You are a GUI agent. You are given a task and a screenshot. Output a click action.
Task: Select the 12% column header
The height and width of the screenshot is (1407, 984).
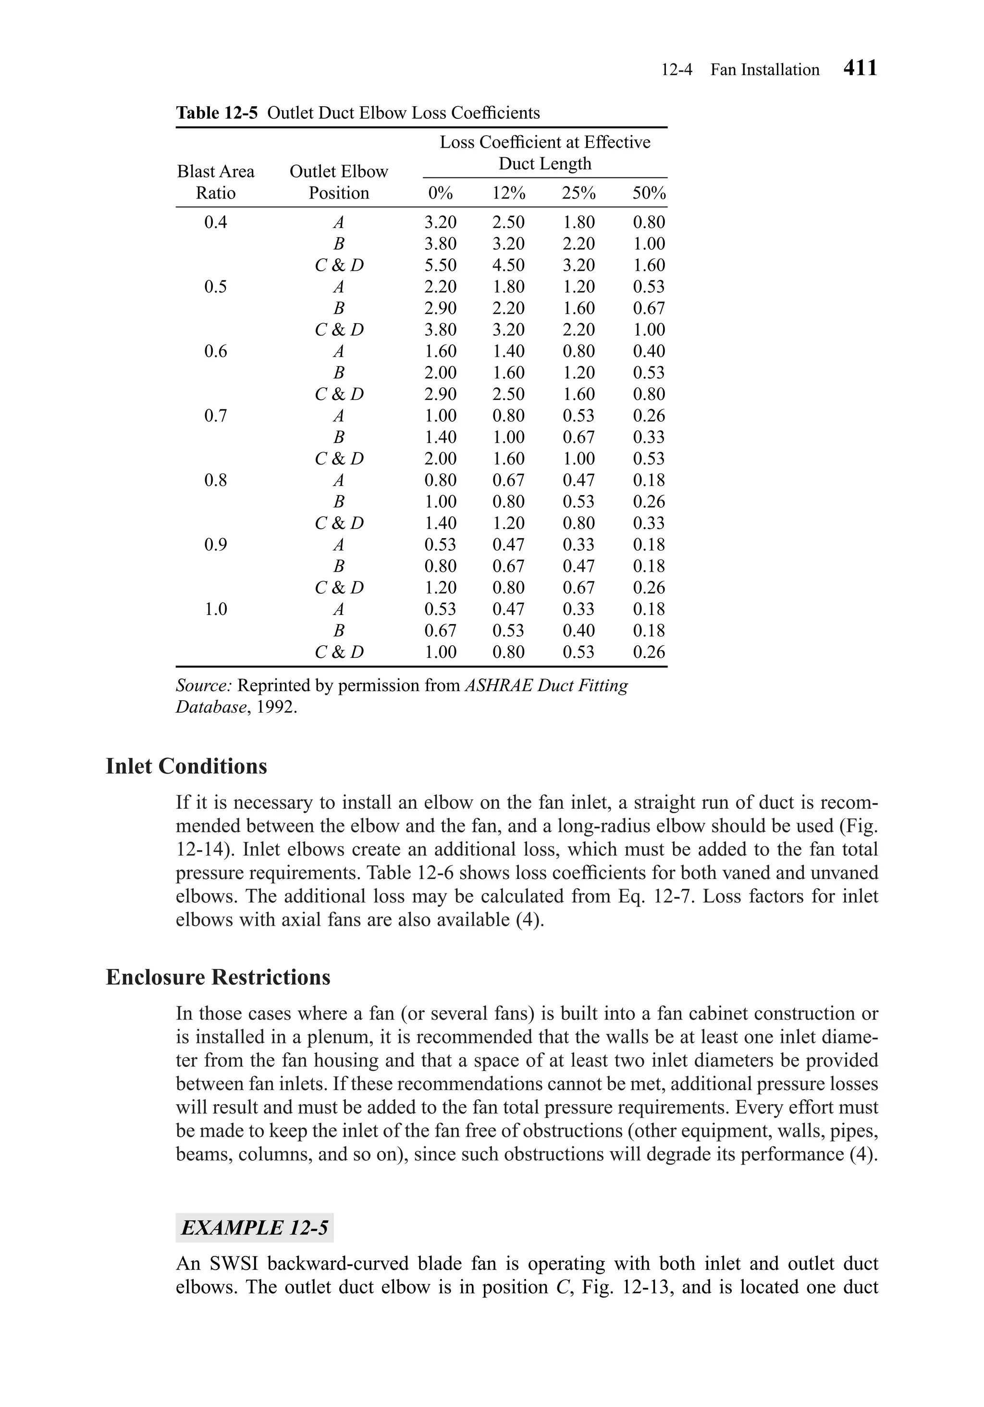pyautogui.click(x=509, y=194)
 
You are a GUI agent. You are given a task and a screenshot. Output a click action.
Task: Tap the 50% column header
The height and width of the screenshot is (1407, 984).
pyautogui.click(x=649, y=194)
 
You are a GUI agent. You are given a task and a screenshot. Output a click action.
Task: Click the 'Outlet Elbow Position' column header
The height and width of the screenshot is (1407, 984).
pyautogui.click(x=339, y=182)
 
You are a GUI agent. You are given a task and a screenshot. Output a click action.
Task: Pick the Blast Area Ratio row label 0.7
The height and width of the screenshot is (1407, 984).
pyautogui.click(x=216, y=415)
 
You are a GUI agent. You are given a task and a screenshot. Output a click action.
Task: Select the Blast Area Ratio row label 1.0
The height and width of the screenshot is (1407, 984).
pyautogui.click(x=216, y=609)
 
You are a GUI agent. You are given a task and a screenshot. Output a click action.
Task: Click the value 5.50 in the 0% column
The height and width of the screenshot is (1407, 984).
pyautogui.click(x=440, y=265)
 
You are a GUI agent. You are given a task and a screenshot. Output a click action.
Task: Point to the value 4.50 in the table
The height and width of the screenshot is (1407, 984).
pyautogui.click(x=509, y=265)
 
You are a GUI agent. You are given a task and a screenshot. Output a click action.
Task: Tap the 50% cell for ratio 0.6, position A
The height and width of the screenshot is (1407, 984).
pyautogui.click(x=649, y=351)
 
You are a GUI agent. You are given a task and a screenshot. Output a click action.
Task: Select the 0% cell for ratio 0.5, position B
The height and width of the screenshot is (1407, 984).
pyautogui.click(x=440, y=308)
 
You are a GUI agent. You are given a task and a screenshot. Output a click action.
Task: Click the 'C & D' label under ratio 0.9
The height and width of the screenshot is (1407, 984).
pyautogui.click(x=339, y=588)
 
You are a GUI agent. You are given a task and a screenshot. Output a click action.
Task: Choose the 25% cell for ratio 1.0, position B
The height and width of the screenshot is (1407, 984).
pyautogui.click(x=578, y=630)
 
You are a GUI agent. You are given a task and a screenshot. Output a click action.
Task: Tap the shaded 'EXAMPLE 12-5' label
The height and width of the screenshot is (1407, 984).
pyautogui.click(x=255, y=1228)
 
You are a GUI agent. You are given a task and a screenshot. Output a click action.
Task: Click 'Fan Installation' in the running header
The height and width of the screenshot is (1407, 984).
pyautogui.click(x=765, y=70)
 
